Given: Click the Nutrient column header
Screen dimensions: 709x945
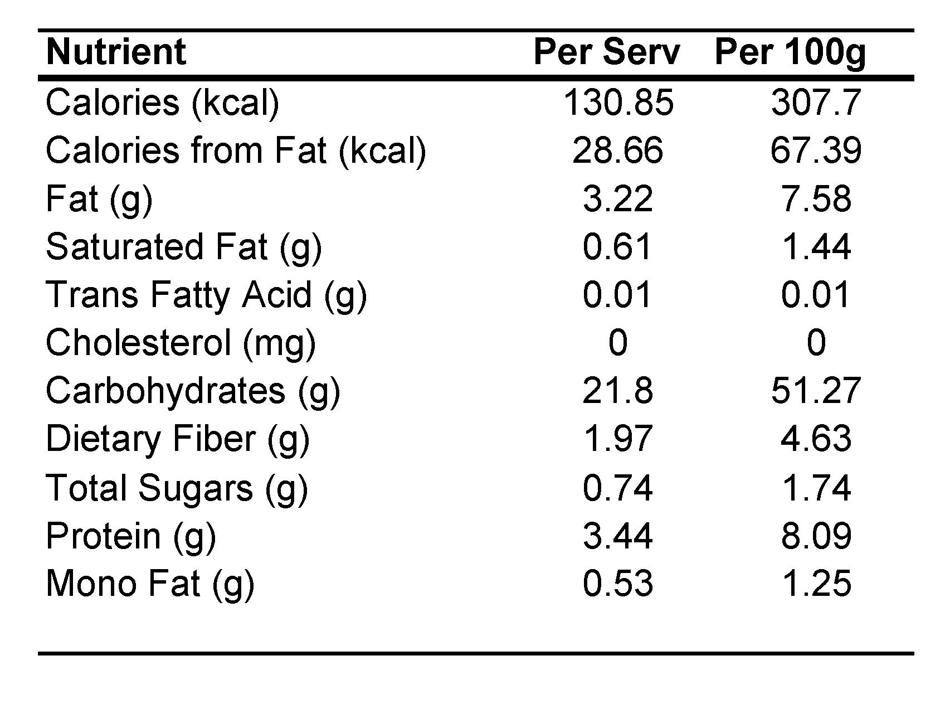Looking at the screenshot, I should (116, 52).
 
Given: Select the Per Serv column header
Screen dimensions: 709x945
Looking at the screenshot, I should (607, 52).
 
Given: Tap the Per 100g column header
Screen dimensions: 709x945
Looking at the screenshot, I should (790, 52).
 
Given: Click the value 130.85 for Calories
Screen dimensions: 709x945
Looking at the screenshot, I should (618, 103).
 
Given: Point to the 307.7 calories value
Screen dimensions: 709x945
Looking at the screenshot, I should (816, 103).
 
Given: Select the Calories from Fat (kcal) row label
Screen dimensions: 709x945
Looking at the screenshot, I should (236, 151).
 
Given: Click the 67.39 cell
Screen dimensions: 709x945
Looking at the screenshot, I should (816, 151).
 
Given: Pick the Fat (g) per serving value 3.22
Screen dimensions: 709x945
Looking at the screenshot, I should (618, 199).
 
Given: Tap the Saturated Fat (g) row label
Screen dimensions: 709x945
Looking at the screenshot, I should (184, 247).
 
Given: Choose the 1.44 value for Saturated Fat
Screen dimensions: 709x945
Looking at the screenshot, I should (816, 247).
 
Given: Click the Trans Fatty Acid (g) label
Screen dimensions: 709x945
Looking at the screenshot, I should (206, 295).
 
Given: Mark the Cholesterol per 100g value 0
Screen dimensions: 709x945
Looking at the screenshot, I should (816, 343).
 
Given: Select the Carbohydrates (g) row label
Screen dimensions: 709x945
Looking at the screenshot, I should (193, 391).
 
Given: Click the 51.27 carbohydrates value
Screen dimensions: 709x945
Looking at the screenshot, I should (816, 391).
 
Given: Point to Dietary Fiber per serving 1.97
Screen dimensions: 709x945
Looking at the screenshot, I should (618, 439).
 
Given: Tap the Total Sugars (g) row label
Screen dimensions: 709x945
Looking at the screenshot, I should (177, 488).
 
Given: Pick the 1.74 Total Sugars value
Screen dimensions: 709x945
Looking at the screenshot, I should (816, 488).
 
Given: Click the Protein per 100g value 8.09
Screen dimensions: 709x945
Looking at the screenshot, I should (816, 536).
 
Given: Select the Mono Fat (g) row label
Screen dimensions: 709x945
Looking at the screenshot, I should (150, 584).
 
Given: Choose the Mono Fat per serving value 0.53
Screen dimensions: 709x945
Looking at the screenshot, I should (618, 584).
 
